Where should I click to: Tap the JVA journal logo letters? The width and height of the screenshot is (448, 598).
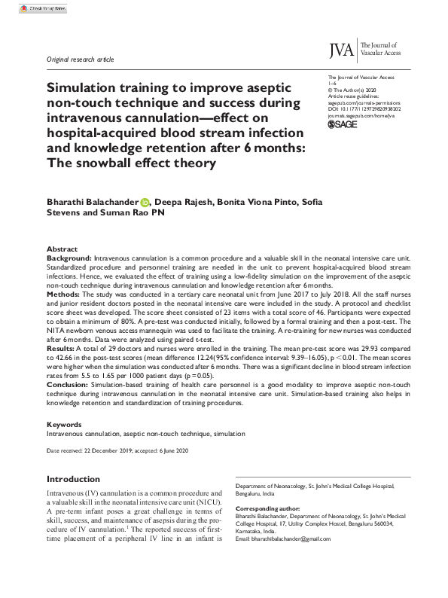click(343, 50)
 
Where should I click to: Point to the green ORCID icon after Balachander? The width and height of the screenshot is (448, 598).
click(145, 201)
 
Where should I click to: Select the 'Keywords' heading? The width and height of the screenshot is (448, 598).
click(64, 425)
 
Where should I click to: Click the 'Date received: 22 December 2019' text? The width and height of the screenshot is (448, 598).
click(89, 450)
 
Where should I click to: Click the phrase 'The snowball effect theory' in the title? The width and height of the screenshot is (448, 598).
click(131, 163)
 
